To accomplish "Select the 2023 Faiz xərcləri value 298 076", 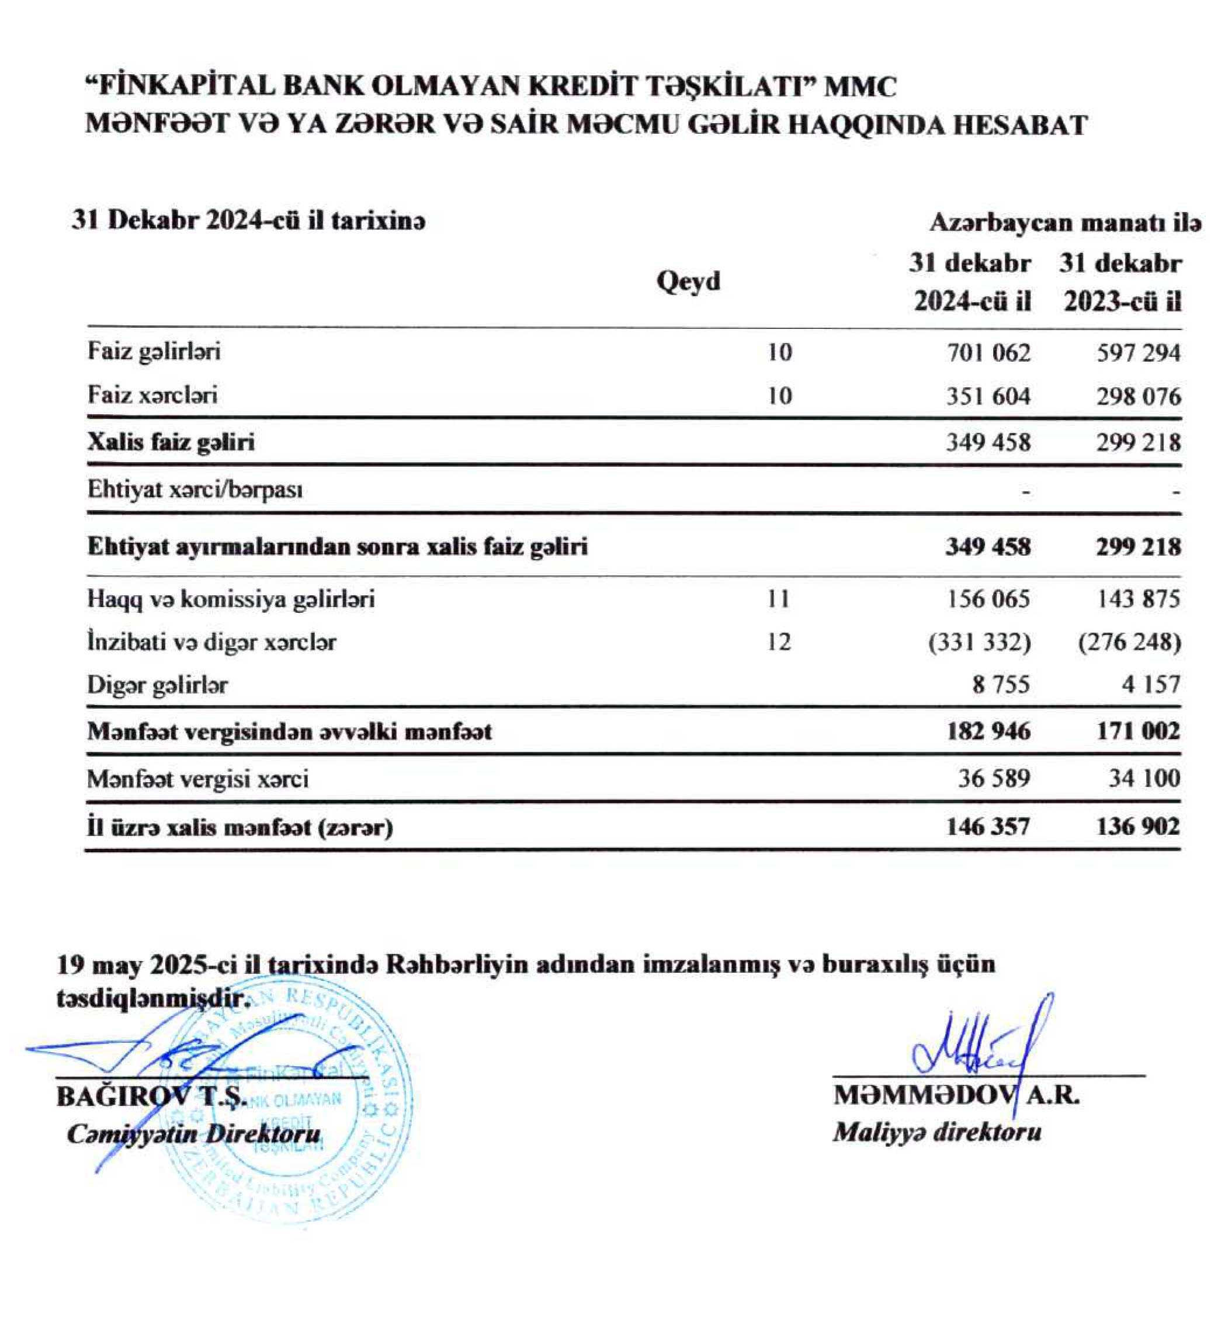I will point(1139,397).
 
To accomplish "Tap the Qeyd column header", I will point(688,281).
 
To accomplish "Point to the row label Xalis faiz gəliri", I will point(171,442).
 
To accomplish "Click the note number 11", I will point(778,599).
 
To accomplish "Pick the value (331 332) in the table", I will point(980,642).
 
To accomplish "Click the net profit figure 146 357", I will point(988,827).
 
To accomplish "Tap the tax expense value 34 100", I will point(1144,778).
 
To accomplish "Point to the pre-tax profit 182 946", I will point(988,731).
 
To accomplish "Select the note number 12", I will point(778,642).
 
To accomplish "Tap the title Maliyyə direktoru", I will point(936,1132).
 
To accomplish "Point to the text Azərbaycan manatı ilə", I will point(1066,223).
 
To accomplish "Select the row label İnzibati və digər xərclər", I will point(211,642).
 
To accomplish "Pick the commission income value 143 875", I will point(1139,599).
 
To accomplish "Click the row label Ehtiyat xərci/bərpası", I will point(195,490).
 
